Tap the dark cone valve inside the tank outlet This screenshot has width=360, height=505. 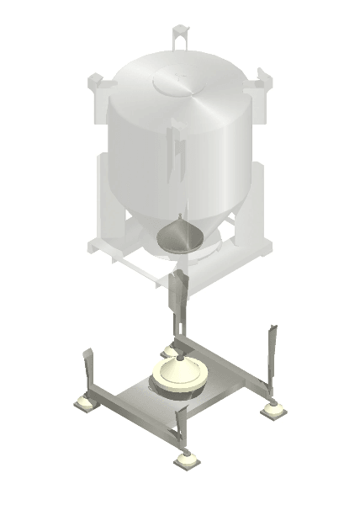[179, 237]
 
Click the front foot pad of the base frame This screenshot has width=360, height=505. [187, 460]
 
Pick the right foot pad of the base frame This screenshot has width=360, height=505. [273, 410]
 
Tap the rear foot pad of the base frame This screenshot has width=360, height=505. [172, 350]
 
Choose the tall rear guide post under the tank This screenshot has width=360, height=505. [177, 303]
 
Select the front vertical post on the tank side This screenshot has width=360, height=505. [177, 151]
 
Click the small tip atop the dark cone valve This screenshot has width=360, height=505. [179, 221]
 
